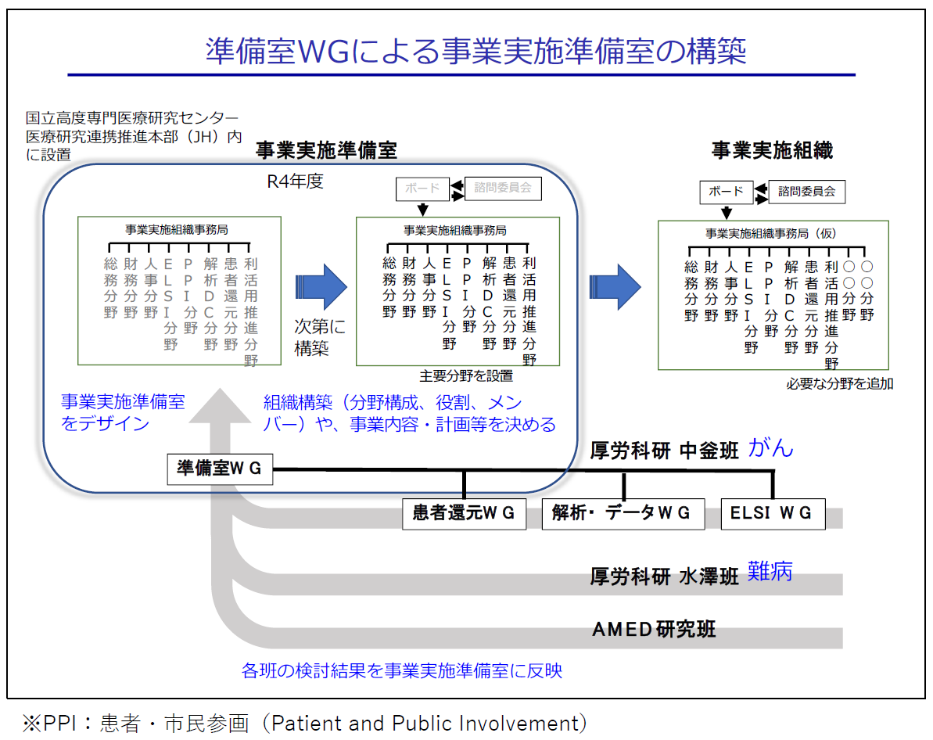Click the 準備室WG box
pyautogui.click(x=221, y=469)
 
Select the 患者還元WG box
pyautogui.click(x=464, y=514)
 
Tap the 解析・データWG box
pyautogui.click(x=623, y=514)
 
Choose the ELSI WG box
pyautogui.click(x=773, y=514)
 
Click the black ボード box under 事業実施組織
pyautogui.click(x=726, y=192)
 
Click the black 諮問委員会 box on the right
pyautogui.click(x=807, y=192)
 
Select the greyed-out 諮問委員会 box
pyautogui.click(x=503, y=189)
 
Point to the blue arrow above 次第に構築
pyautogui.click(x=321, y=287)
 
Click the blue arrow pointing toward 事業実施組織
pyautogui.click(x=615, y=287)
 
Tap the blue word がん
pyautogui.click(x=770, y=447)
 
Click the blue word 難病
pyautogui.click(x=770, y=572)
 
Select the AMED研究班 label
pyautogui.click(x=654, y=629)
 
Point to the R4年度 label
pyautogui.click(x=295, y=181)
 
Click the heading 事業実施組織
pyautogui.click(x=773, y=151)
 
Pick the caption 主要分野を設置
pyautogui.click(x=466, y=376)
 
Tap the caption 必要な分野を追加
pyautogui.click(x=840, y=384)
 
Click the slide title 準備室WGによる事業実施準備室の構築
pyautogui.click(x=476, y=51)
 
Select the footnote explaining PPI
pyautogui.click(x=305, y=724)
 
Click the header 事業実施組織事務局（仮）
pyautogui.click(x=770, y=234)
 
